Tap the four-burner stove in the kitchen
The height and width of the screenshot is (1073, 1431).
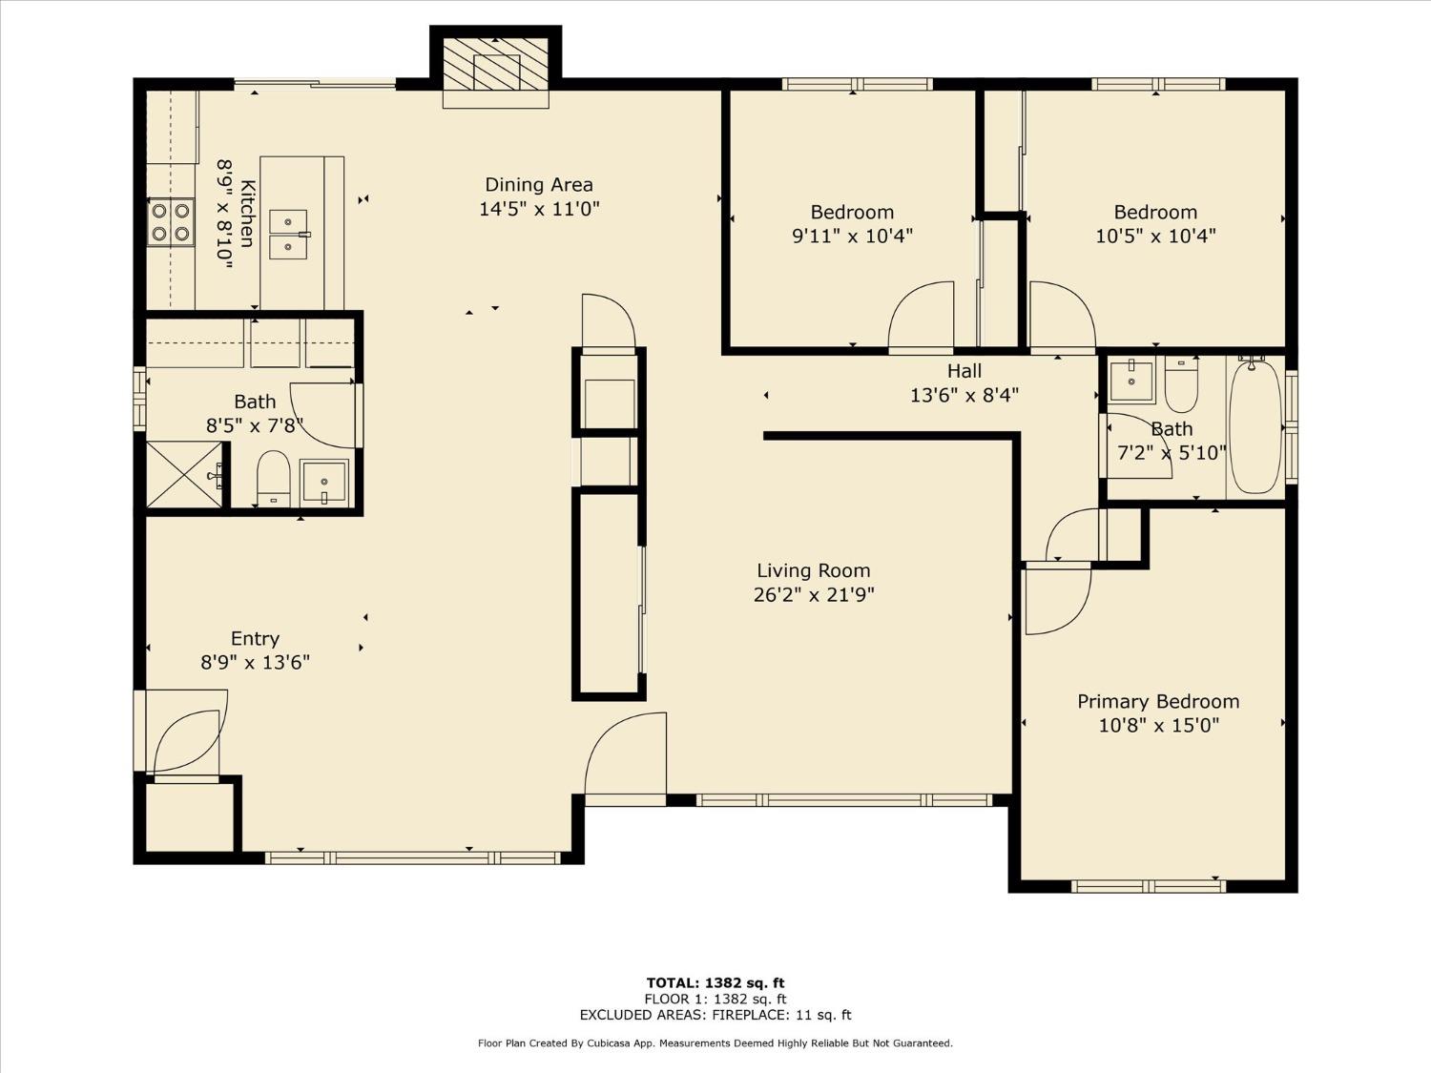[x=171, y=222]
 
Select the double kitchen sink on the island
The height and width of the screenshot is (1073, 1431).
[x=288, y=235]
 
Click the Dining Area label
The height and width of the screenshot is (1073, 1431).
[x=539, y=185]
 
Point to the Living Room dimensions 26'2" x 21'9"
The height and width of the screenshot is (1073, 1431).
[x=814, y=595]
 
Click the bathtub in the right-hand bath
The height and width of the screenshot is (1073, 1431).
[x=1255, y=427]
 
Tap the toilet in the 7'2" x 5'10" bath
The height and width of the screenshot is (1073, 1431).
[x=1181, y=383]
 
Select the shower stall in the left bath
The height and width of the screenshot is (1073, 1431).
[x=184, y=474]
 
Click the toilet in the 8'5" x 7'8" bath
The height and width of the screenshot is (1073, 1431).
[x=274, y=478]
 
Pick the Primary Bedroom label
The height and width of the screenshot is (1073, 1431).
[x=1158, y=702]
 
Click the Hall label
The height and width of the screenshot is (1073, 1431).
[x=964, y=371]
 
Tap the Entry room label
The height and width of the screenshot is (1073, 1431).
[x=255, y=639]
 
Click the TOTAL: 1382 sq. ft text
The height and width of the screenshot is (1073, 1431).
[x=715, y=982]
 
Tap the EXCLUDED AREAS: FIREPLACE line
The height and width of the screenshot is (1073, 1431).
[x=715, y=1015]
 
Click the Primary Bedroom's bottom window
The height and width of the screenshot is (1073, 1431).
[x=1149, y=886]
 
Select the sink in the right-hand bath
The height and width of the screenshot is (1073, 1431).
[x=1132, y=382]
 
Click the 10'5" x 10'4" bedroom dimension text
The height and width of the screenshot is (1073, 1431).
[x=1155, y=236]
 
